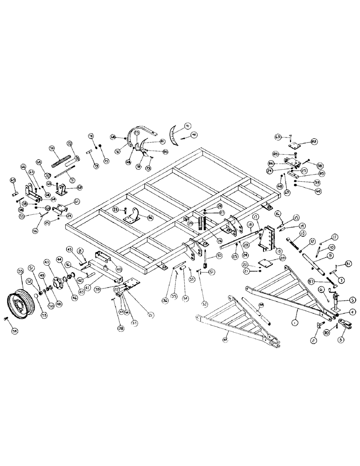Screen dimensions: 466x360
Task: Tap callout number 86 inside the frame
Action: click(137, 217)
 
